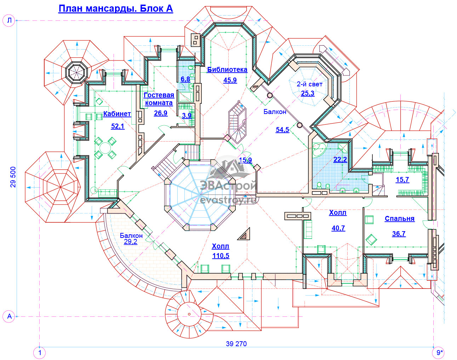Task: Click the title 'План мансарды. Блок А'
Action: [x=115, y=9]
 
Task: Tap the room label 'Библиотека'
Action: [x=227, y=69]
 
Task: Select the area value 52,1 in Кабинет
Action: [x=118, y=126]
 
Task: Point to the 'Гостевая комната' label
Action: [x=159, y=99]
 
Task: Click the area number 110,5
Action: [x=221, y=256]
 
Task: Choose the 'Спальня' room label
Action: [x=399, y=218]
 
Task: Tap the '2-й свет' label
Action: [x=309, y=84]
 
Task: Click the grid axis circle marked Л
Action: [x=9, y=21]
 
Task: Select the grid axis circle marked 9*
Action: [x=438, y=353]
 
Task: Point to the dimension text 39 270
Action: [x=236, y=344]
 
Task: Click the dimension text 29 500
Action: [x=13, y=177]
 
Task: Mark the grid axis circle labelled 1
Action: [x=40, y=353]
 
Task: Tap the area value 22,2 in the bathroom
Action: [x=340, y=159]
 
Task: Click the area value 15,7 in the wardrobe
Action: [x=402, y=180]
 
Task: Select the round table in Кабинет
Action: [x=105, y=148]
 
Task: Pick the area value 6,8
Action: [x=185, y=79]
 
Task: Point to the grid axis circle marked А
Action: [x=9, y=316]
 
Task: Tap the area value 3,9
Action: [x=187, y=115]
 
